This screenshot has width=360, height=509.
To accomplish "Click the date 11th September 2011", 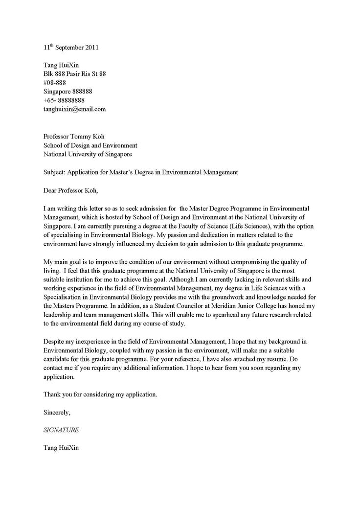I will (x=71, y=48).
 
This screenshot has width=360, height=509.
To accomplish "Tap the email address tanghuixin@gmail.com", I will (x=74, y=109).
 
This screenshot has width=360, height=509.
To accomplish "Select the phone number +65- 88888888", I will (x=67, y=100).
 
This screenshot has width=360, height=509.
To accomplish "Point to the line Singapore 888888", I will (x=68, y=92).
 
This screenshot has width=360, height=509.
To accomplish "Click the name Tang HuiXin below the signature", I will (x=61, y=448).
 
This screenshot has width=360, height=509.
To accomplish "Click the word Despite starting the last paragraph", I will (x=54, y=341).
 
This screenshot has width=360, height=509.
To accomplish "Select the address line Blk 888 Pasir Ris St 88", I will (x=75, y=74).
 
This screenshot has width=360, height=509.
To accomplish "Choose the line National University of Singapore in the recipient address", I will (x=88, y=154).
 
